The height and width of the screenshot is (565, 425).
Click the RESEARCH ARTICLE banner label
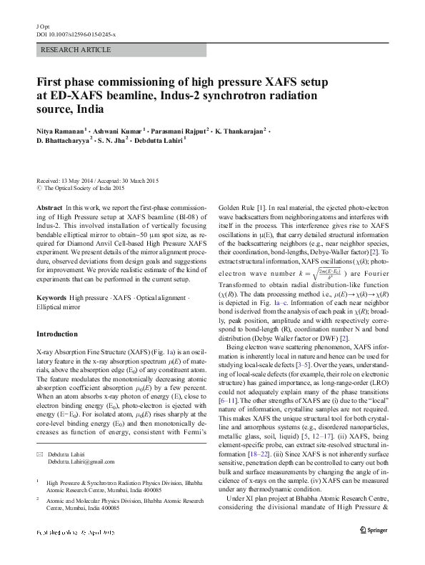tap(76, 50)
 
